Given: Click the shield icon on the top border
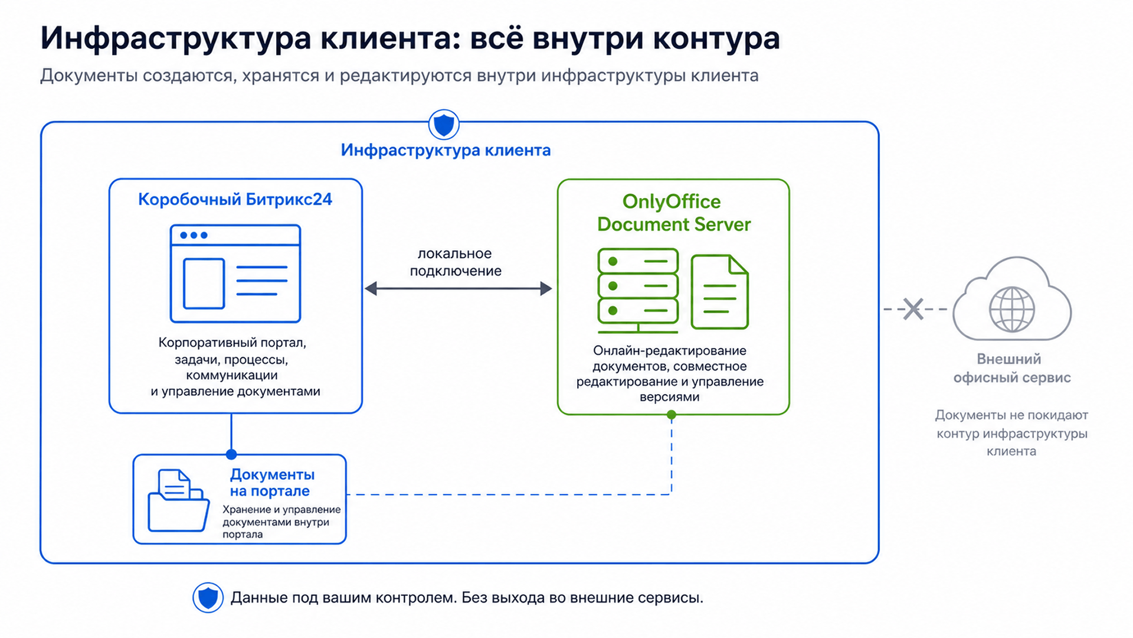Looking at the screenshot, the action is pyautogui.click(x=444, y=125).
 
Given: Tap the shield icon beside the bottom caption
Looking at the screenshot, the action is pyautogui.click(x=208, y=597).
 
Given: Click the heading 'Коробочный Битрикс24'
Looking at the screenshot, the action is pyautogui.click(x=235, y=200).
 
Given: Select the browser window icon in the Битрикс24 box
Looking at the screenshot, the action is pyautogui.click(x=235, y=274).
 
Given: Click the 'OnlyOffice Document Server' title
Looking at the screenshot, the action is pyautogui.click(x=673, y=213).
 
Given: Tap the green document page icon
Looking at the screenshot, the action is pyautogui.click(x=719, y=292).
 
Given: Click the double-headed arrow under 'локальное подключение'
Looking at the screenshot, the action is pyautogui.click(x=459, y=289).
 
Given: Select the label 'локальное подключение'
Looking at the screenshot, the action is pyautogui.click(x=456, y=262).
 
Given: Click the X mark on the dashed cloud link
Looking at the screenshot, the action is pyautogui.click(x=913, y=309).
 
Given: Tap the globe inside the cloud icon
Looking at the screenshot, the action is pyautogui.click(x=1011, y=309).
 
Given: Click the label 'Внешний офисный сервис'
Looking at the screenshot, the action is pyautogui.click(x=1011, y=368).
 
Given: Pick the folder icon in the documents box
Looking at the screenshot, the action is pyautogui.click(x=178, y=500).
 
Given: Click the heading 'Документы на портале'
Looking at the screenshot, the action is pyautogui.click(x=272, y=483).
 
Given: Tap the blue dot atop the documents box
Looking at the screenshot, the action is pyautogui.click(x=231, y=454).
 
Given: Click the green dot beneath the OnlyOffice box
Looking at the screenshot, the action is pyautogui.click(x=672, y=415).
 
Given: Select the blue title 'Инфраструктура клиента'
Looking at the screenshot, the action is pyautogui.click(x=446, y=150).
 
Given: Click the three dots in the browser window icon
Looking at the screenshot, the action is pyautogui.click(x=194, y=235).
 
